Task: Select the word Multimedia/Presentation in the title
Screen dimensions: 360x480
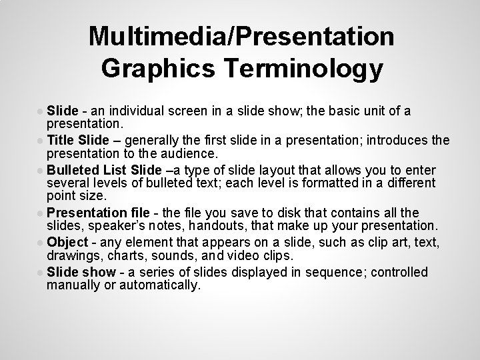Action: pyautogui.click(x=241, y=36)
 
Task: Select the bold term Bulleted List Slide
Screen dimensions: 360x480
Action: pyautogui.click(x=99, y=169)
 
